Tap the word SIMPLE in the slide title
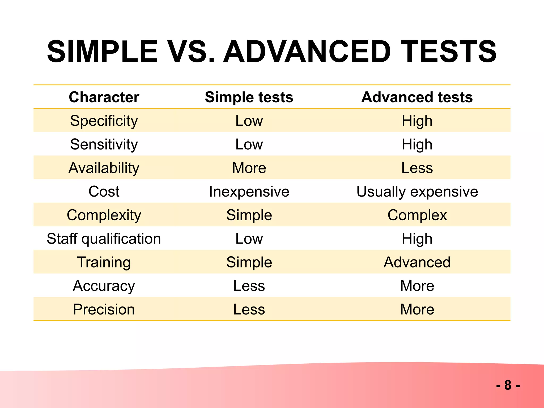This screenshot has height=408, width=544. (103, 52)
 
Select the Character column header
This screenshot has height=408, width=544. (104, 97)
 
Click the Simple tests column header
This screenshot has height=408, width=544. (249, 97)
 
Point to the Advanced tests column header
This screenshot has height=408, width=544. (417, 97)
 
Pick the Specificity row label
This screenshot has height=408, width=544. (104, 121)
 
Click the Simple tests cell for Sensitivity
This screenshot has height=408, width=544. (249, 144)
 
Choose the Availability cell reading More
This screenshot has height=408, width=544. (249, 168)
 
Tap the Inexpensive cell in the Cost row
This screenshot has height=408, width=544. (249, 192)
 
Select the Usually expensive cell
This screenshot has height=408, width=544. (417, 192)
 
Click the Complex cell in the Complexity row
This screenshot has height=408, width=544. (417, 215)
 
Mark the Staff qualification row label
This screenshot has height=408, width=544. (104, 239)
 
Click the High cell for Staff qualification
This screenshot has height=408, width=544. (417, 239)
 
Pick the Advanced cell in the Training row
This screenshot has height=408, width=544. (417, 262)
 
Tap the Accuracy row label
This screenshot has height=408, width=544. (104, 286)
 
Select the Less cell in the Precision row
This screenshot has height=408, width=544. (249, 309)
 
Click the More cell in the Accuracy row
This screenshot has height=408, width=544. (417, 286)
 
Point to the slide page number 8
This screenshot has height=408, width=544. (508, 385)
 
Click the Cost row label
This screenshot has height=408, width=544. (104, 192)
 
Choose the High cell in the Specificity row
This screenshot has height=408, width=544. (417, 121)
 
